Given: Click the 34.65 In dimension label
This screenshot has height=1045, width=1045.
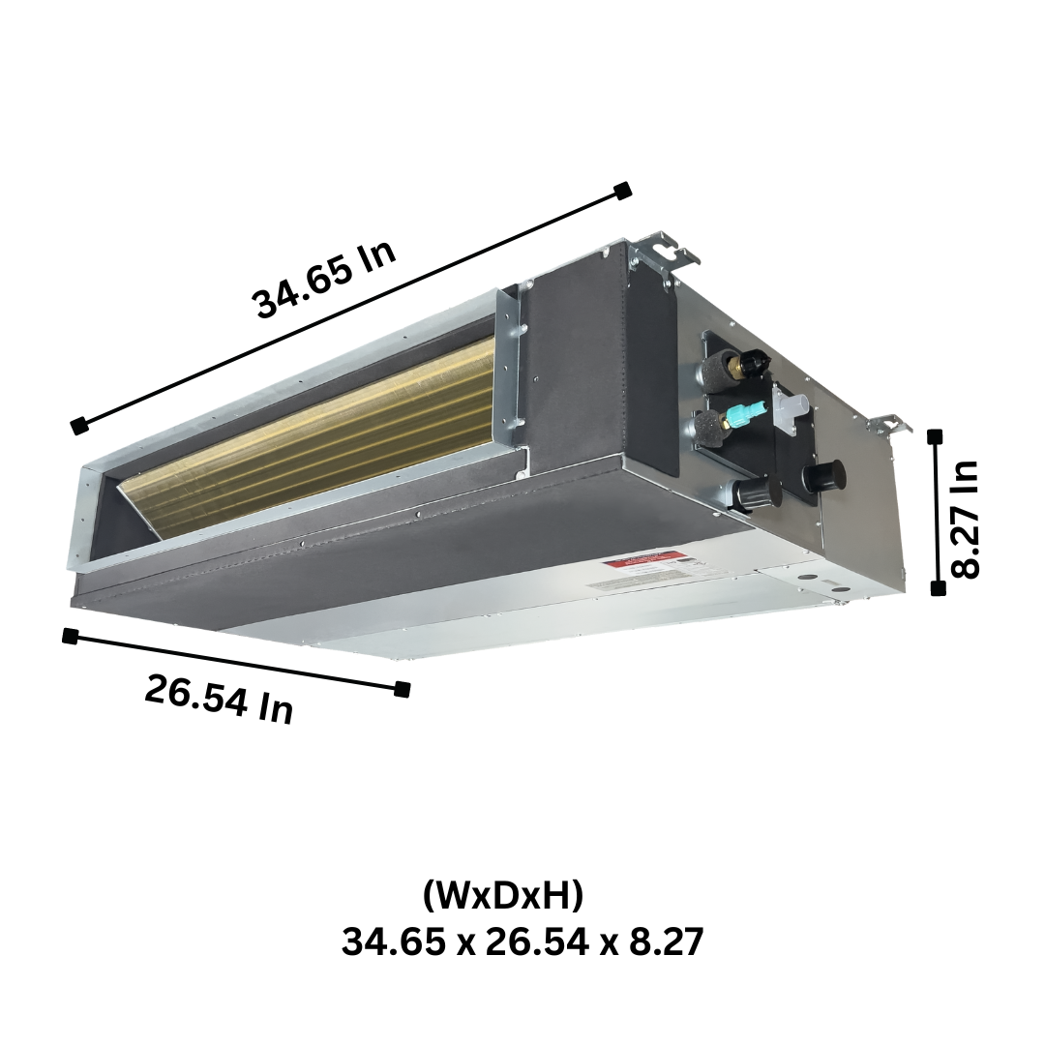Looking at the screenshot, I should pos(324,280).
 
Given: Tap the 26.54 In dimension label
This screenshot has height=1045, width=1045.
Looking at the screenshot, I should pos(219,699).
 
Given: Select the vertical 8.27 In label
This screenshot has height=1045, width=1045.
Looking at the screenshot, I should pos(965,519).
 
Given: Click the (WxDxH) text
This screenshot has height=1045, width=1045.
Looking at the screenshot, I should pos(503,896).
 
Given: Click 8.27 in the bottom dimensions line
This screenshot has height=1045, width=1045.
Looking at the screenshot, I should pos(667,940).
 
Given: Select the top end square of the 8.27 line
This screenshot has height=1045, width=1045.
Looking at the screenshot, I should pos(935,437).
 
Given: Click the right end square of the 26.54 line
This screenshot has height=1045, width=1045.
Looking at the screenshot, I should pos(403,689).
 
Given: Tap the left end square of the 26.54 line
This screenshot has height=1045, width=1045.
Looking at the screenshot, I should pos(70,636).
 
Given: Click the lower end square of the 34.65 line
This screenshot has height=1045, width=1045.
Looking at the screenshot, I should pos(80,425).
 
